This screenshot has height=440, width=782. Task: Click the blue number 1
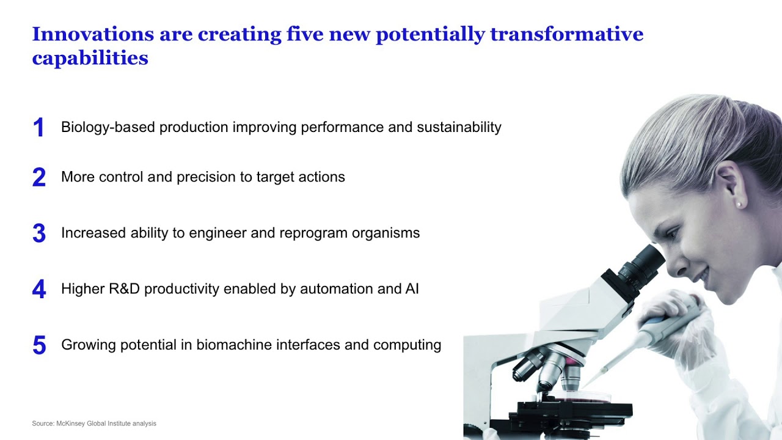tap(38, 128)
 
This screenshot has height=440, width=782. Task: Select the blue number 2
tap(38, 177)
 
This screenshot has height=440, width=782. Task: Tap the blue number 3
tap(38, 233)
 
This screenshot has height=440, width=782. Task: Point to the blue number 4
tap(38, 289)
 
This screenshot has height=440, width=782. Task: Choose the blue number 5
tap(38, 345)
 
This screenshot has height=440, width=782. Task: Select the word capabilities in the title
tap(90, 58)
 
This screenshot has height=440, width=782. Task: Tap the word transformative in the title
tap(566, 34)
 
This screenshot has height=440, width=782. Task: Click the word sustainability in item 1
tap(459, 127)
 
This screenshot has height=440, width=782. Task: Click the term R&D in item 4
tap(125, 289)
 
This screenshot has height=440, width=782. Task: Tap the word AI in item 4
tap(412, 289)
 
